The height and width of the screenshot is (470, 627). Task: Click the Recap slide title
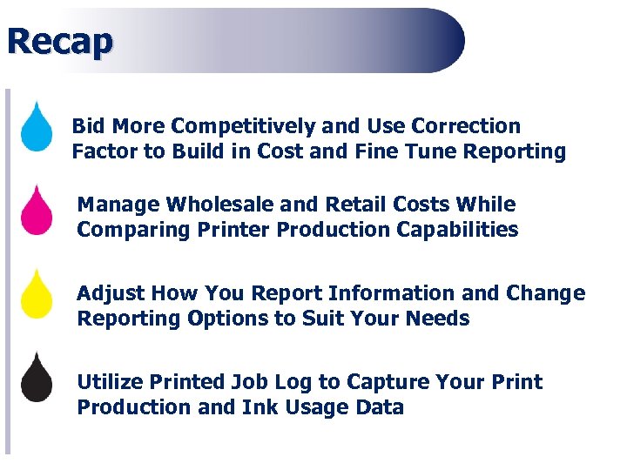click(x=59, y=41)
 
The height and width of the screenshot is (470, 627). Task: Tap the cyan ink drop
click(x=37, y=129)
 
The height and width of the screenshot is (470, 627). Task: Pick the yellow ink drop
click(x=37, y=296)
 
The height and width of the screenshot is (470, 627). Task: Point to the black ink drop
click(x=37, y=379)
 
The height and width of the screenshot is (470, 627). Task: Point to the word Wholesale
click(x=222, y=205)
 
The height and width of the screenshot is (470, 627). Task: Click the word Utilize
click(x=108, y=382)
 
